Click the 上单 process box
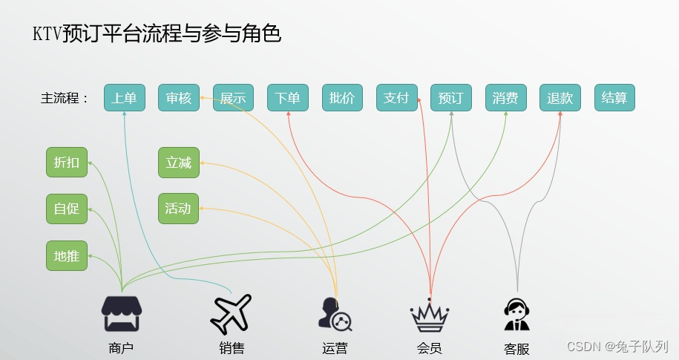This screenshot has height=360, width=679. point(124,98)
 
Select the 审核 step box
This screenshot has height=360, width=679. point(179,98)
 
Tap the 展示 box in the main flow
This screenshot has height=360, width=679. point(233,98)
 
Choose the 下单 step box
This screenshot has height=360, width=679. point(287,98)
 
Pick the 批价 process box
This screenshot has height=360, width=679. point(342,98)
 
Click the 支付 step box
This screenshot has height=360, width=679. point(396,98)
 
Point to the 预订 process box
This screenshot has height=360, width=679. point(451,98)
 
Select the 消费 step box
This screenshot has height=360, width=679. point(505,98)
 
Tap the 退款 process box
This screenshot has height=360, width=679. point(560,98)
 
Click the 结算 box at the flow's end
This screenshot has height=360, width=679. point(614,98)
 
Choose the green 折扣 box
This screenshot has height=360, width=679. point(67,163)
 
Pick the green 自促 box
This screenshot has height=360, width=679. point(67,209)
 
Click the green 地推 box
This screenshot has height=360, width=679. point(67,256)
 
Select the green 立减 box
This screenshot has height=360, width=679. point(179,163)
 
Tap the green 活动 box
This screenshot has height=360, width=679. point(179,209)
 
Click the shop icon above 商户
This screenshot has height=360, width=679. point(122,313)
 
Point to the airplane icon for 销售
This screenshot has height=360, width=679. point(231,313)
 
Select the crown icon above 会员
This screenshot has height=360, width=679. point(430,315)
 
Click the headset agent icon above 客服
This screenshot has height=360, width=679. point(517,315)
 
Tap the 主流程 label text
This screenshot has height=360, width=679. point(65,98)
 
